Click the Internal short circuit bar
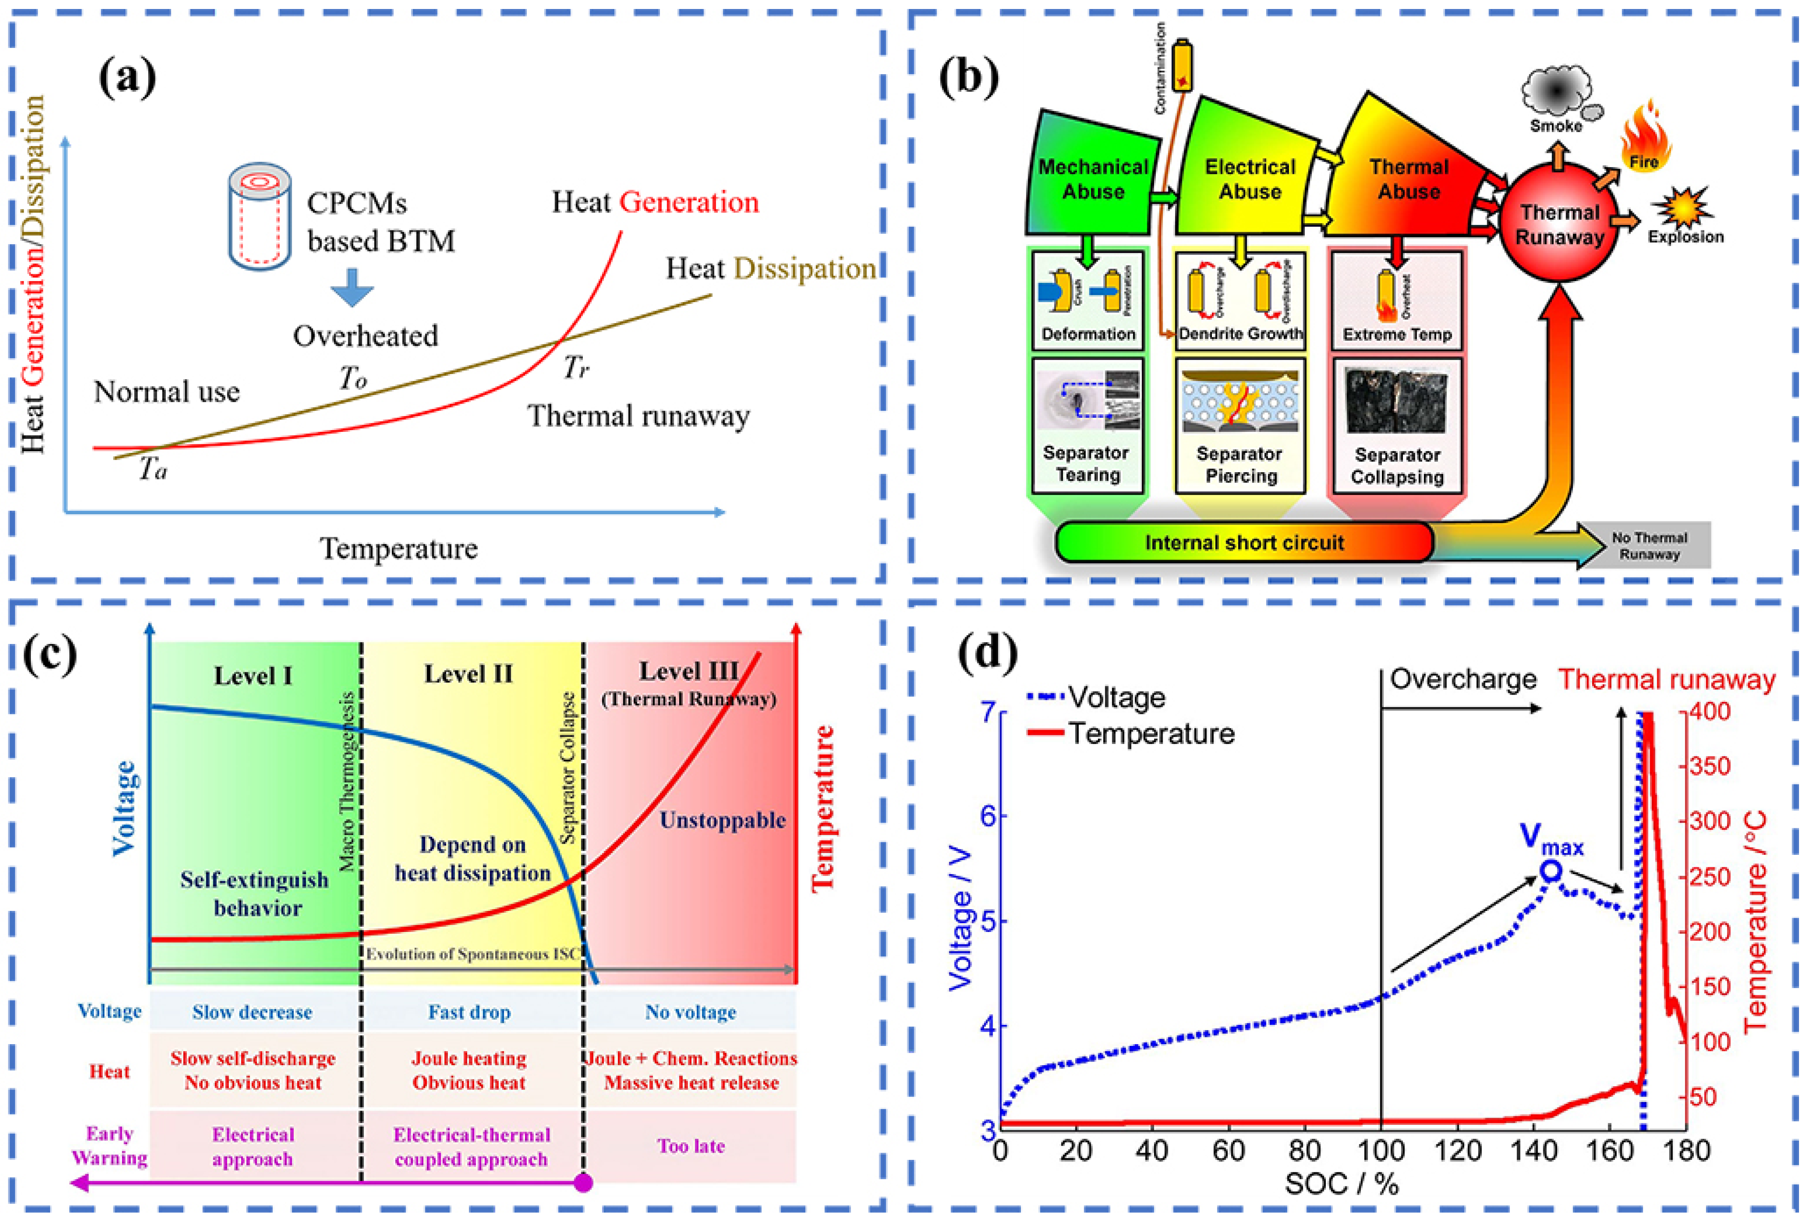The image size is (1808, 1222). coord(1243,542)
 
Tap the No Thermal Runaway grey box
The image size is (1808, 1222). coord(1649,545)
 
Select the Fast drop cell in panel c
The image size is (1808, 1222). coord(469,1012)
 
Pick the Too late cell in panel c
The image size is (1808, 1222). coord(691,1146)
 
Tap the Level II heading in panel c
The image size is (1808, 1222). coord(468,674)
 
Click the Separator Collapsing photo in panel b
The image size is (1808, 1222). coord(1396,401)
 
